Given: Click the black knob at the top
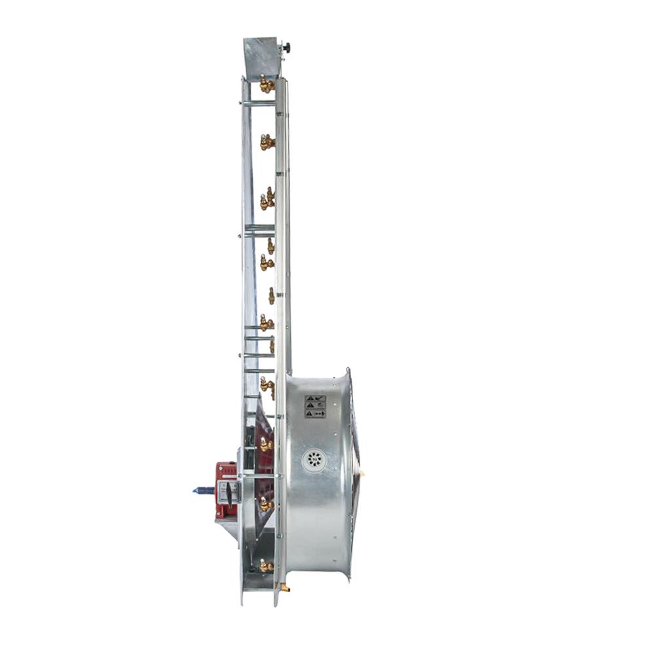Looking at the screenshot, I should click(x=286, y=47).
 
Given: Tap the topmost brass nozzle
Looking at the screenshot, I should click(x=266, y=84).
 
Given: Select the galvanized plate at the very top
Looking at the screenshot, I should click(x=263, y=58).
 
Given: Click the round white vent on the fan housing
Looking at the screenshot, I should click(x=314, y=460).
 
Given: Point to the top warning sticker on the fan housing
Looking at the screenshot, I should click(x=315, y=398).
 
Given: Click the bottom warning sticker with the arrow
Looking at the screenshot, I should click(x=315, y=414).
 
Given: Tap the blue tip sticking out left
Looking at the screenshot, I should click(x=202, y=490).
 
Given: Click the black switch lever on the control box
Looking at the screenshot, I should click(x=229, y=494).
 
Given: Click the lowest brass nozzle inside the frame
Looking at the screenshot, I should click(x=265, y=566).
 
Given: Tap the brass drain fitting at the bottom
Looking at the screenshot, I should click(x=284, y=588).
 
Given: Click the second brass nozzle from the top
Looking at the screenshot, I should click(x=267, y=141).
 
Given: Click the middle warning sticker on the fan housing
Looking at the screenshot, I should click(x=315, y=406).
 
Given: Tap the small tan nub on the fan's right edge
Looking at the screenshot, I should click(x=362, y=473).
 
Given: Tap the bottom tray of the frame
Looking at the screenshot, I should click(x=258, y=580).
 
